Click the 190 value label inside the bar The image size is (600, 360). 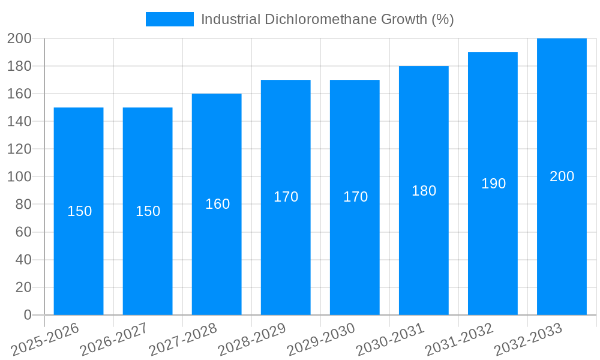(493, 184)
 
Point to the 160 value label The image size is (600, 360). (217, 204)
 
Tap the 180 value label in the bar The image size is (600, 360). (424, 191)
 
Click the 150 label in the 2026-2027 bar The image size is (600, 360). (148, 211)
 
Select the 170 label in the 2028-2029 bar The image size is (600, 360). (286, 197)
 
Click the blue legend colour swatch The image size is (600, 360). (170, 19)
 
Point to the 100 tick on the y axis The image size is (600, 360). (19, 177)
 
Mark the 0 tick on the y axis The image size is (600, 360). (27, 315)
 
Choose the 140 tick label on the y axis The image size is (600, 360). (19, 122)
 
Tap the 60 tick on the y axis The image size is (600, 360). (23, 232)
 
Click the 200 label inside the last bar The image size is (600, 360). (562, 176)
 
